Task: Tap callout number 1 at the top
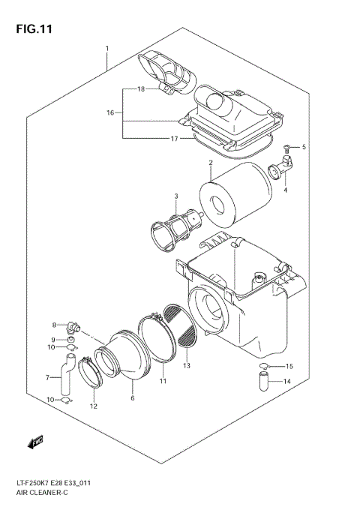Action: click(x=107, y=49)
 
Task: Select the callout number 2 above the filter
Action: click(x=211, y=163)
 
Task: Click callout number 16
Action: click(x=110, y=112)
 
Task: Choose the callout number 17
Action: click(x=175, y=138)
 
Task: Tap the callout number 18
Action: click(x=140, y=89)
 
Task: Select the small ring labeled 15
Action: click(x=264, y=366)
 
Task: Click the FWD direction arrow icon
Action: click(x=35, y=443)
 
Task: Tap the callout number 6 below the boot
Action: click(x=132, y=399)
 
